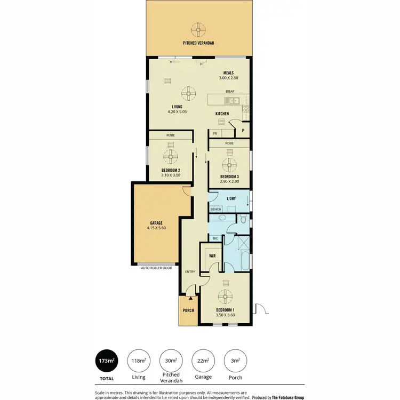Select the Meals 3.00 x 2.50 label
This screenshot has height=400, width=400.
click(x=228, y=76)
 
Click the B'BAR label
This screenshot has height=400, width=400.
click(x=230, y=92)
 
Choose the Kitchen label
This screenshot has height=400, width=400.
click(x=222, y=114)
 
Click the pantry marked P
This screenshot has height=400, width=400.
click(x=243, y=130)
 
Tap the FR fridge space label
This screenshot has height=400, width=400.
click(x=215, y=133)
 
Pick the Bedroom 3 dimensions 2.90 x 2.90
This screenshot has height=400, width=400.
click(x=229, y=182)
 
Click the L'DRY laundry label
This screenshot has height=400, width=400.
click(x=231, y=199)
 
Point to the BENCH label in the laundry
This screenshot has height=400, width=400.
click(x=215, y=209)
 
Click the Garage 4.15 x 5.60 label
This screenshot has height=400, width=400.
click(x=156, y=226)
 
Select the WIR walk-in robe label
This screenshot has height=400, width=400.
click(x=212, y=256)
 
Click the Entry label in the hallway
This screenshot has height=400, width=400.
click(x=190, y=272)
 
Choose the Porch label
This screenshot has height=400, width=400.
click(x=188, y=310)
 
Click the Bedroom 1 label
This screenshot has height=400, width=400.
click(x=225, y=310)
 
